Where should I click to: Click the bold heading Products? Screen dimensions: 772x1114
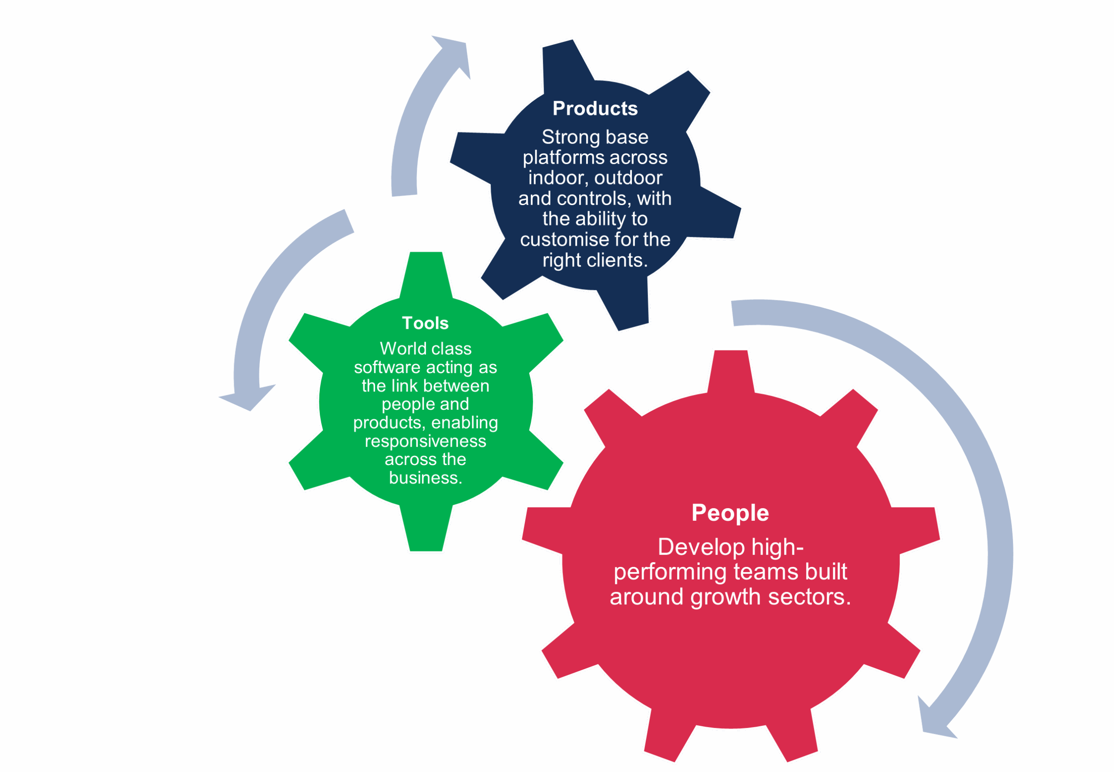[595, 109]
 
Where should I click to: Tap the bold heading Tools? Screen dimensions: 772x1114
[425, 323]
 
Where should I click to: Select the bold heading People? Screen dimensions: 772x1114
[730, 513]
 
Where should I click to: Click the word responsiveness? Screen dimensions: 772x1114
[425, 441]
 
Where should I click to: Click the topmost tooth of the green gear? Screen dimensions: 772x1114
[426, 271]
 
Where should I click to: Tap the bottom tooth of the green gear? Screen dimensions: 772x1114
[426, 532]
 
